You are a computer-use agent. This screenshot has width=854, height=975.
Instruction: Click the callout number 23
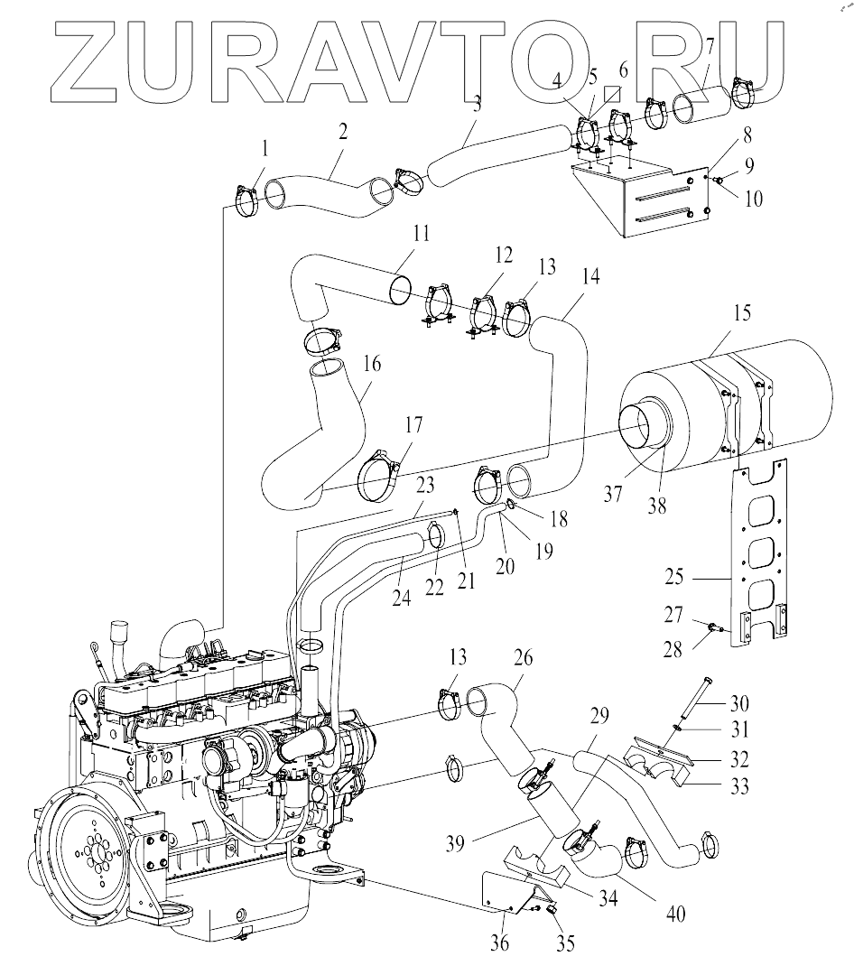point(426,485)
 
